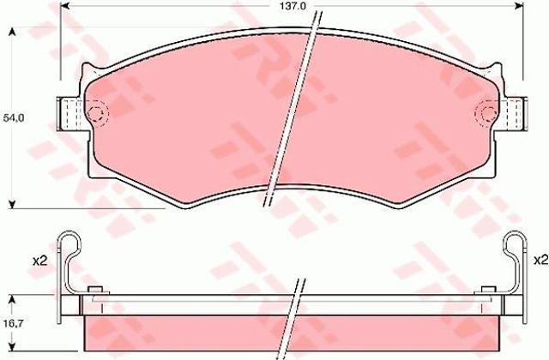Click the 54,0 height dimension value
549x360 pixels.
point(14,118)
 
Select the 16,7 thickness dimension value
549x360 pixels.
point(14,324)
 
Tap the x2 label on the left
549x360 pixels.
point(39,261)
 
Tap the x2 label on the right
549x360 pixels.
point(540,260)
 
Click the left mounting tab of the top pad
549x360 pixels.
point(71,114)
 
